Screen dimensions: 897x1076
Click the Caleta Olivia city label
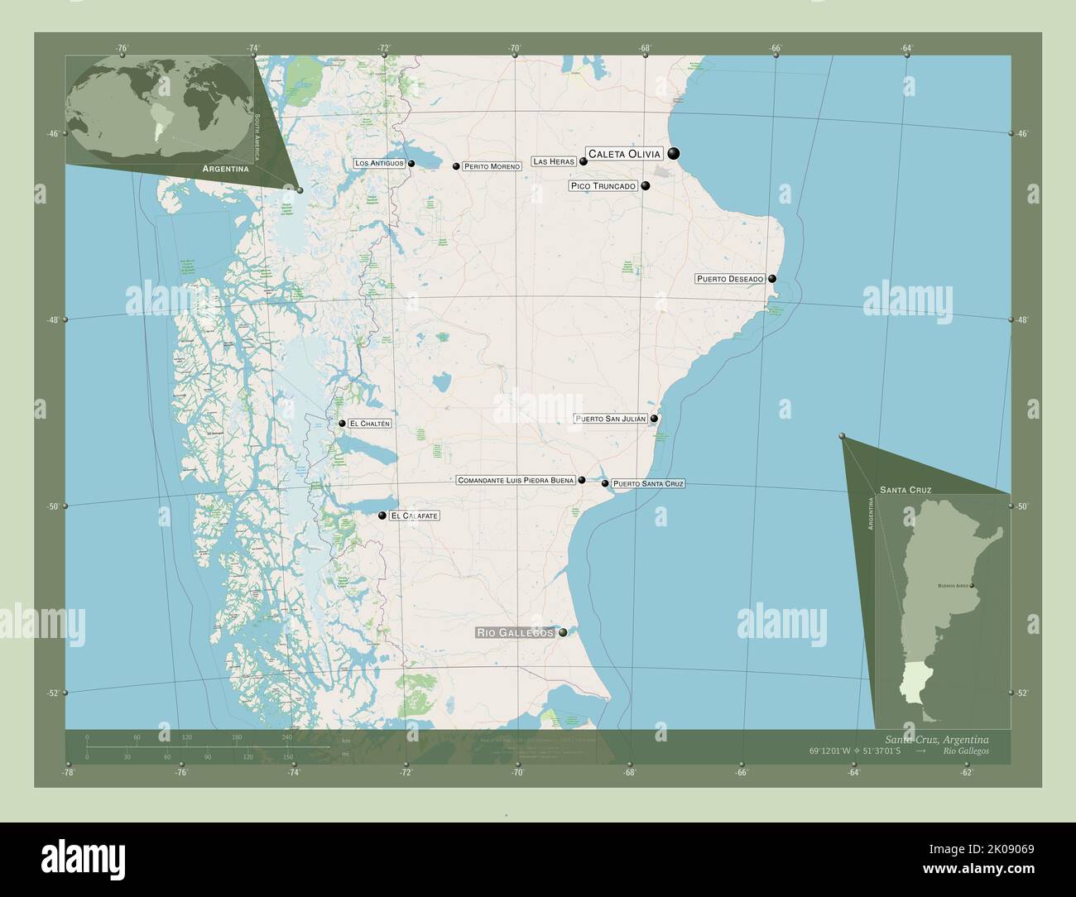[x=624, y=154]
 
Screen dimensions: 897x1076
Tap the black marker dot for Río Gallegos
[x=563, y=633]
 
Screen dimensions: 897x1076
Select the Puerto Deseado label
[x=730, y=280]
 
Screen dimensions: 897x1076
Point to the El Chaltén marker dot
[x=342, y=424]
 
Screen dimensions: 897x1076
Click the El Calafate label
[x=415, y=516]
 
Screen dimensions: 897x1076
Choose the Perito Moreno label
[x=492, y=166]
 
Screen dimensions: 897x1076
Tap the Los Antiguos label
[x=379, y=164]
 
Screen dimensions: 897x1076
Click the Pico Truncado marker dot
[x=646, y=186]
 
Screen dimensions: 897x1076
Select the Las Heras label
[x=554, y=162]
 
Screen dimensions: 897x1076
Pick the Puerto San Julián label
[x=611, y=420]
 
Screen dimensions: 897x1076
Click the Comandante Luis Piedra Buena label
[x=516, y=480]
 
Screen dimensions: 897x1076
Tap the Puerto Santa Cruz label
[x=648, y=483]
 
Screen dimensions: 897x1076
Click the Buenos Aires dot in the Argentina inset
[x=973, y=586]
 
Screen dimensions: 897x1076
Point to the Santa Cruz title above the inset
[x=905, y=490]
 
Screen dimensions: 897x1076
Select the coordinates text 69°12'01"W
[x=836, y=751]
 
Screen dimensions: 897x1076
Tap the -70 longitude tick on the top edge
[x=515, y=49]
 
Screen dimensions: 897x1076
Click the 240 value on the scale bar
[x=287, y=737]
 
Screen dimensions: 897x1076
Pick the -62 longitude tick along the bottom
[x=966, y=773]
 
